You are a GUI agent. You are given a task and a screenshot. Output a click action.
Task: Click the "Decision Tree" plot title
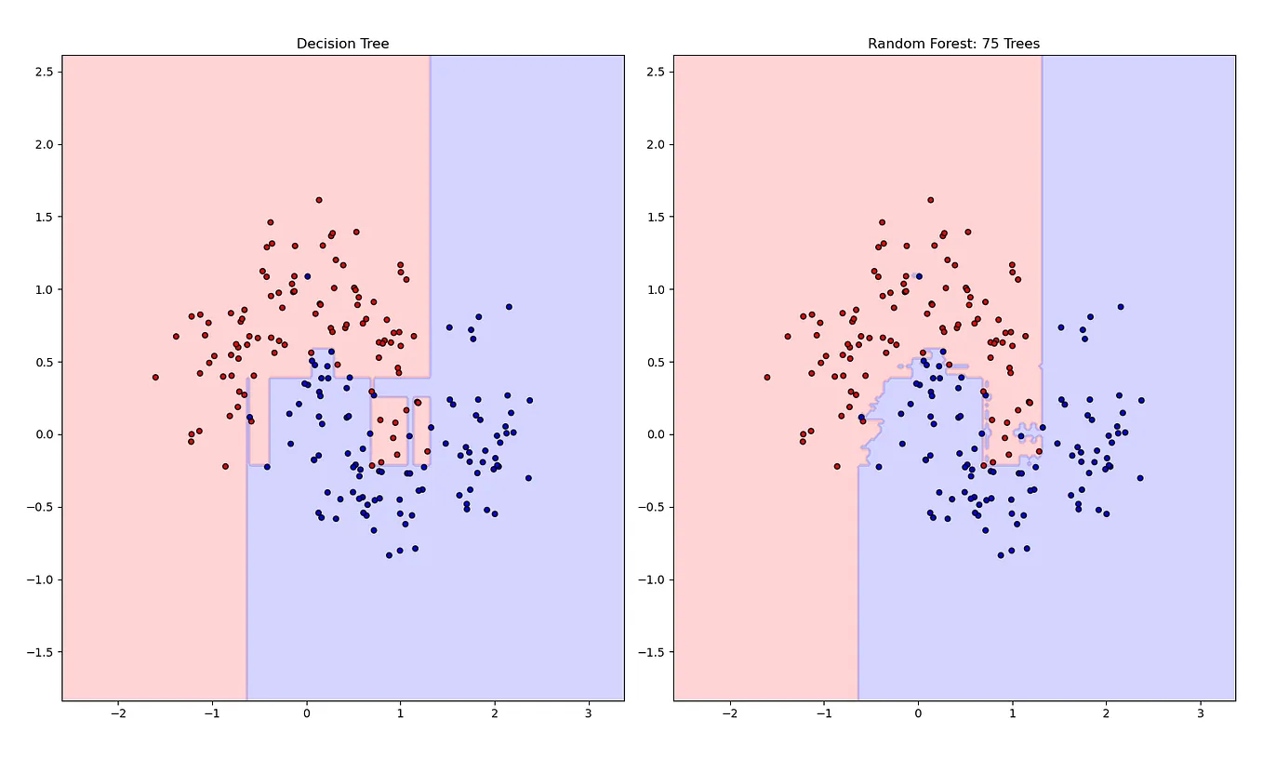click(x=342, y=44)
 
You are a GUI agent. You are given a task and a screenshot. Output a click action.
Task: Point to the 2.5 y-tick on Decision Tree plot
click(x=42, y=72)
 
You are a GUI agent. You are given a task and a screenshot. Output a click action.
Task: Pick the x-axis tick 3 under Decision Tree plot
click(x=589, y=713)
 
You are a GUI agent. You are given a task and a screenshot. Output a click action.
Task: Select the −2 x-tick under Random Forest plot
click(x=729, y=713)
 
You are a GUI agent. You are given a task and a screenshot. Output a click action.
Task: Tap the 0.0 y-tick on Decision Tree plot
click(x=42, y=434)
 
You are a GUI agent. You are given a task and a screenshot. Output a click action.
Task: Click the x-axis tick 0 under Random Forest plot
click(x=918, y=713)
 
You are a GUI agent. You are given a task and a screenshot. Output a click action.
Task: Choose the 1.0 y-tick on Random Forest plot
click(x=653, y=289)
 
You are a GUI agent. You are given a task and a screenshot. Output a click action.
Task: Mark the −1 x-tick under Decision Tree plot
click(x=211, y=713)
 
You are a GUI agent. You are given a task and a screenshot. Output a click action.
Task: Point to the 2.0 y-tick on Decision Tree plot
click(x=42, y=144)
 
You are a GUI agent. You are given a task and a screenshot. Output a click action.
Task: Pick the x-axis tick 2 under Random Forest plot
click(x=1106, y=713)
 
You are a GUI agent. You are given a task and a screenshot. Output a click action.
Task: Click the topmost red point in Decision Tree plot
click(x=319, y=200)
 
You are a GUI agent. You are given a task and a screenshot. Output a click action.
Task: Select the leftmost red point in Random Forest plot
click(x=767, y=377)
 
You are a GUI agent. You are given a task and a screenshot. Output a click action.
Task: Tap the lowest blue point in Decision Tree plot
click(x=390, y=555)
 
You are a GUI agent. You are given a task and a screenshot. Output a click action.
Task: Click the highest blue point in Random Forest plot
click(x=919, y=276)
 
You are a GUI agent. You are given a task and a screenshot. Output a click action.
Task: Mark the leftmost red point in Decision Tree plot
click(x=155, y=377)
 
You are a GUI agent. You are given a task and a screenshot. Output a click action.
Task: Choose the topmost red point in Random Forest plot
click(x=930, y=200)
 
